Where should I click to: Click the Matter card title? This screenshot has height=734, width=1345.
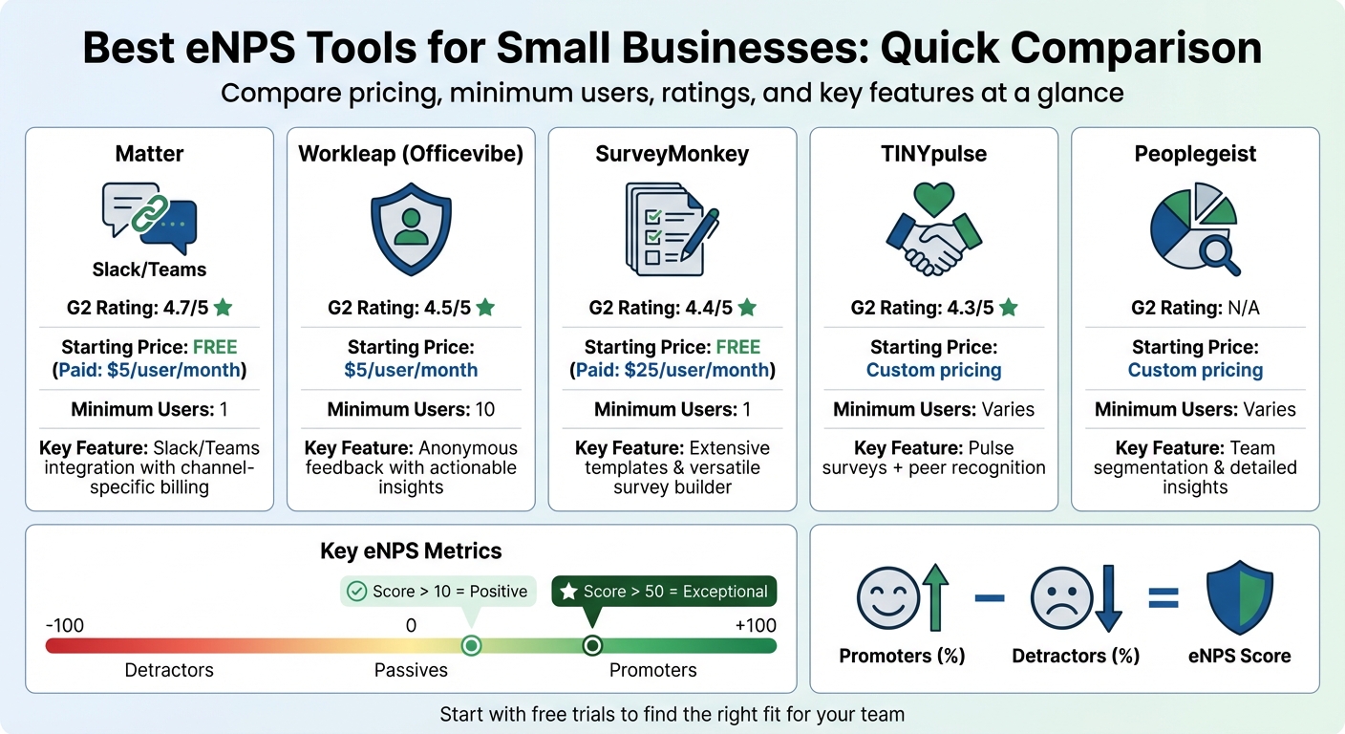pyautogui.click(x=148, y=155)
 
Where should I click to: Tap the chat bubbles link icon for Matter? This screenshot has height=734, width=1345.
pyautogui.click(x=148, y=218)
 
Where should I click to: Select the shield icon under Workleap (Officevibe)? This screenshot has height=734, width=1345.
pyautogui.click(x=411, y=230)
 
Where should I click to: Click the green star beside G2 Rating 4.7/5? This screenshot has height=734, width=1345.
pyautogui.click(x=224, y=308)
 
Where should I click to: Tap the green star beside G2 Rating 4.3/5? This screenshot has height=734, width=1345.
pyautogui.click(x=1008, y=308)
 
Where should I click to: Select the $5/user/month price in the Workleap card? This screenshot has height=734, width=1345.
pyautogui.click(x=411, y=370)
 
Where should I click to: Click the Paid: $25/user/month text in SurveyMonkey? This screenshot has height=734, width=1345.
pyautogui.click(x=672, y=370)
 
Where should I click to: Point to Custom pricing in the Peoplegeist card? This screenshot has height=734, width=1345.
pyautogui.click(x=1195, y=370)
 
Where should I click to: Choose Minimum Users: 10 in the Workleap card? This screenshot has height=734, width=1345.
pyautogui.click(x=411, y=410)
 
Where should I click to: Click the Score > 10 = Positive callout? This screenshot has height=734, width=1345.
pyautogui.click(x=438, y=592)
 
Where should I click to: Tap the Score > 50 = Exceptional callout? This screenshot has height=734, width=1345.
pyautogui.click(x=665, y=592)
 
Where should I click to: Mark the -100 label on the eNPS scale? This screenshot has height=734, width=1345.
pyautogui.click(x=65, y=626)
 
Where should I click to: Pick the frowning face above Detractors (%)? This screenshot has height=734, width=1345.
pyautogui.click(x=1060, y=599)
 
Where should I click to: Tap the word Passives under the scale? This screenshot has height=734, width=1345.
pyautogui.click(x=411, y=670)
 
